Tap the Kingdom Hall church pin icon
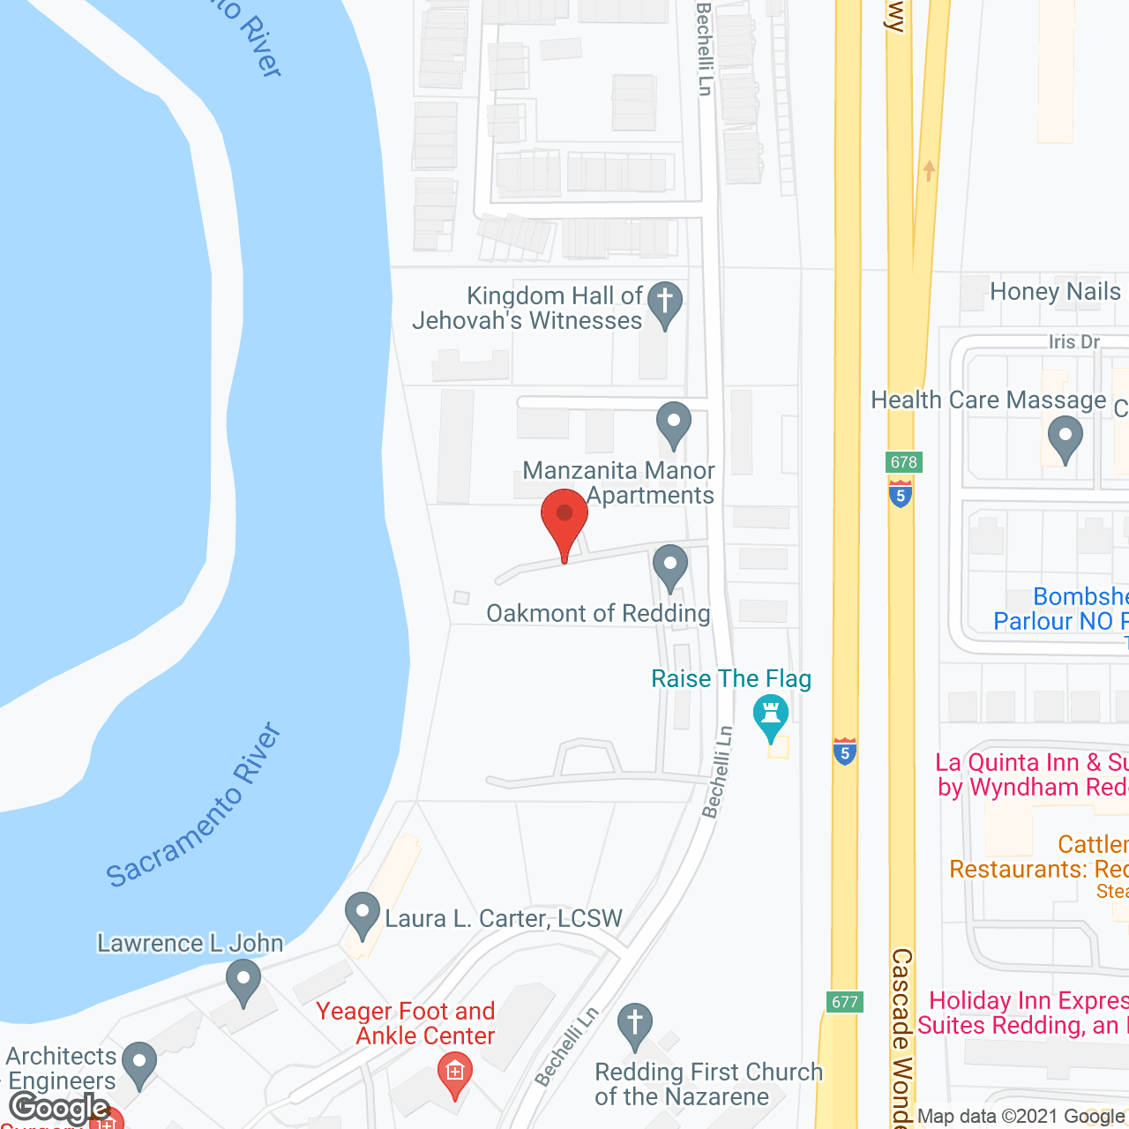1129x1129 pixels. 665,303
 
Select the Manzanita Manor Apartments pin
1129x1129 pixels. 674,424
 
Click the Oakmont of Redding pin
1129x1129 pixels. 670,566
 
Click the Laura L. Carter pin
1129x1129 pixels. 362,916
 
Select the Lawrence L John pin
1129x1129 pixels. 243,982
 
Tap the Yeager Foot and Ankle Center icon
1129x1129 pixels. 455,1073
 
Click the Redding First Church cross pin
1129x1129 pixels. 634,1026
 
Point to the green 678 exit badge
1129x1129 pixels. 904,462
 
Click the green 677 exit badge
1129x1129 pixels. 844,1002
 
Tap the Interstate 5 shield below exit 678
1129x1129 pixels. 901,493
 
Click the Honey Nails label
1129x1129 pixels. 1055,292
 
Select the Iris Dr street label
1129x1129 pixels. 1074,342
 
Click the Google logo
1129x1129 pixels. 59,1108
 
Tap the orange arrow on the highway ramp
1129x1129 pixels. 928,169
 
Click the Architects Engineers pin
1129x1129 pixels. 138,1064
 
